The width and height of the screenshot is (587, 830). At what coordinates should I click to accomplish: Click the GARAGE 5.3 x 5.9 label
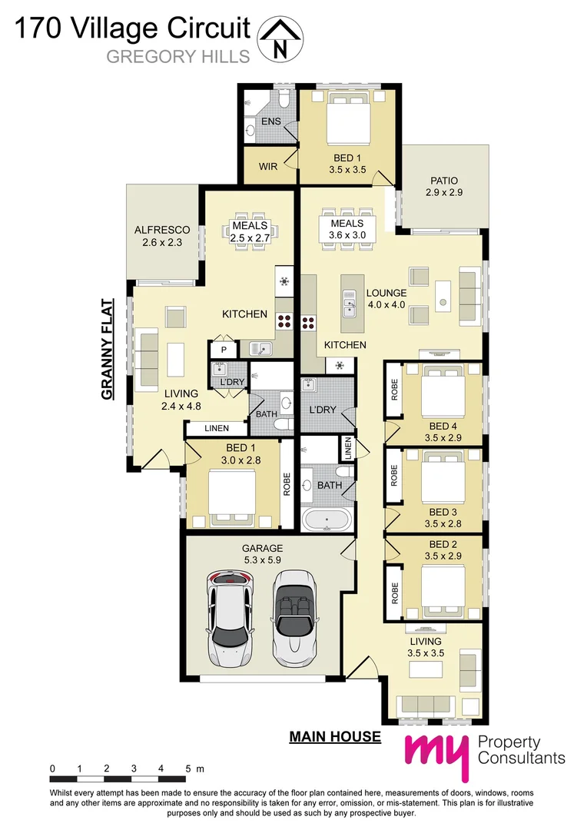coord(262,554)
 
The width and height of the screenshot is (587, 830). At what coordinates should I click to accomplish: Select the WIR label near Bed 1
coord(267,166)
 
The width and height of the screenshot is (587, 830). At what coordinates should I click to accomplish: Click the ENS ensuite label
coord(270,122)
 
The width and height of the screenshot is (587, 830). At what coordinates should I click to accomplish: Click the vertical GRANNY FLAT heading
coord(108,349)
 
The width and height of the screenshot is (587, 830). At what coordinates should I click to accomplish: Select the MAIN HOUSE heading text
coord(334,737)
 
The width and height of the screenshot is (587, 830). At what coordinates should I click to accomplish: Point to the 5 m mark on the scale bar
coord(189,768)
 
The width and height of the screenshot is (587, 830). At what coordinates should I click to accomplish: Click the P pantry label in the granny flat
coord(224,349)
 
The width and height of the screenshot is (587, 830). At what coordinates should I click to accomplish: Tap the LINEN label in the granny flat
coord(217,428)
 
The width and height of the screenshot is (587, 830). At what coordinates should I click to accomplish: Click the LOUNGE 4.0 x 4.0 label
coord(386,299)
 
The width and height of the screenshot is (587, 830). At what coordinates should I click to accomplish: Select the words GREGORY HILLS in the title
coord(177,56)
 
